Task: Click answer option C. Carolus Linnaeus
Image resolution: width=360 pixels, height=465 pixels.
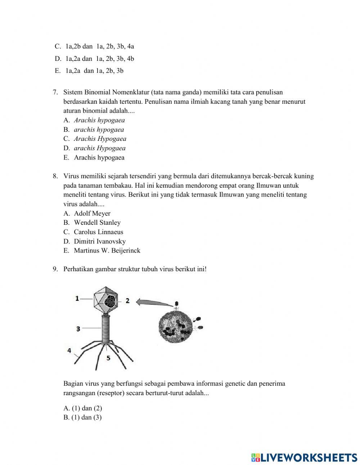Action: (x=98, y=232)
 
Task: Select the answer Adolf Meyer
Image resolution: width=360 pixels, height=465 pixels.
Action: (x=92, y=213)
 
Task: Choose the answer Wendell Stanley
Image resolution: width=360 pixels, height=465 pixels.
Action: (x=97, y=223)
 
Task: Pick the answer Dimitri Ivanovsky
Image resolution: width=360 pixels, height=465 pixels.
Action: (x=99, y=241)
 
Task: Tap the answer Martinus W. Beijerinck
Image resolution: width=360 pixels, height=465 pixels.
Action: (x=107, y=251)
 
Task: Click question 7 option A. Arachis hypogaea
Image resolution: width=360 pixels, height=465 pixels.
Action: (x=99, y=120)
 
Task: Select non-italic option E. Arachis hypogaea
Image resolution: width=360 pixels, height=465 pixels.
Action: (x=99, y=157)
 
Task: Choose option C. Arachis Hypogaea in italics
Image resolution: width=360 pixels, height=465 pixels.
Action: (x=100, y=139)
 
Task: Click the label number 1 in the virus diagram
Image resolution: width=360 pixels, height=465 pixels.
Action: (x=77, y=298)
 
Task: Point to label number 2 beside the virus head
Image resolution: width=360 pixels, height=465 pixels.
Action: (x=127, y=300)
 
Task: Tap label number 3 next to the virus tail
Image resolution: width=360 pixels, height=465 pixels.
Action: (x=78, y=328)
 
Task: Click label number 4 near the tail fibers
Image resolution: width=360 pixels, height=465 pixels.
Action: (x=69, y=350)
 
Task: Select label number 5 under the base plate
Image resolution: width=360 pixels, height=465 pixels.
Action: (x=108, y=358)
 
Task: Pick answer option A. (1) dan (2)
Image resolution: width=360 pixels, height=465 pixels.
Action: (x=83, y=408)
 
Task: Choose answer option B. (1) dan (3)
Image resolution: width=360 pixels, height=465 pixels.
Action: (x=83, y=417)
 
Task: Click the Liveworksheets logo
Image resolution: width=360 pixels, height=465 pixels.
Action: (x=304, y=457)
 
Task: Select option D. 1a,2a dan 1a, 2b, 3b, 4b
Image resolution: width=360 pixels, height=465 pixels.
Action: (x=94, y=59)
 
